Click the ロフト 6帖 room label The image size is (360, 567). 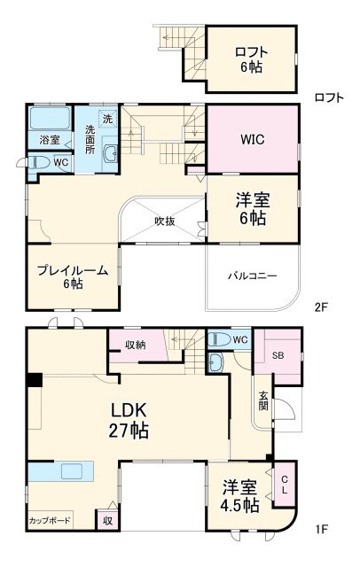pyautogui.click(x=251, y=58)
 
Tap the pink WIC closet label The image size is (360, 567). pyautogui.click(x=251, y=139)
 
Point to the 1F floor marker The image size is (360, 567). pyautogui.click(x=320, y=529)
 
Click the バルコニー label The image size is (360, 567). pyautogui.click(x=252, y=276)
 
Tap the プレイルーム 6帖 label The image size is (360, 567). pyautogui.click(x=73, y=276)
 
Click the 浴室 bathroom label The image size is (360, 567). pyautogui.click(x=49, y=141)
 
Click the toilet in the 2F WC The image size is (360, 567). pyautogui.click(x=38, y=163)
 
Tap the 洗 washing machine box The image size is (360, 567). pyautogui.click(x=106, y=119)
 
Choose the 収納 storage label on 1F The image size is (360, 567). pyautogui.click(x=136, y=344)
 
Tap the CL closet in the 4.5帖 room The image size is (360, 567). pyautogui.click(x=285, y=485)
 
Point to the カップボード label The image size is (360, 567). pyautogui.click(x=50, y=520)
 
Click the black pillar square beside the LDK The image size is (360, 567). pyautogui.click(x=34, y=380)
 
